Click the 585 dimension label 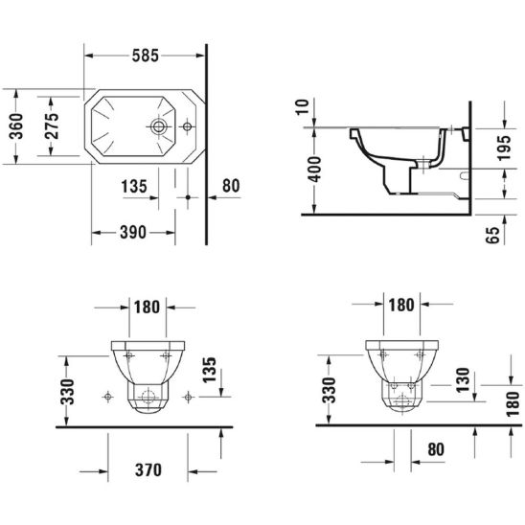pos(146,56)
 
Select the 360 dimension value pos(16,126)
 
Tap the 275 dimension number pos(52,126)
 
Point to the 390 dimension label pos(133,232)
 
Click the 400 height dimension pos(314,170)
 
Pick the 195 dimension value pos(504,148)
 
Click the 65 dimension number pos(492,235)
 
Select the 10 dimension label pos(303,107)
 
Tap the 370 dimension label pos(148,470)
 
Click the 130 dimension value pos(463,380)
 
